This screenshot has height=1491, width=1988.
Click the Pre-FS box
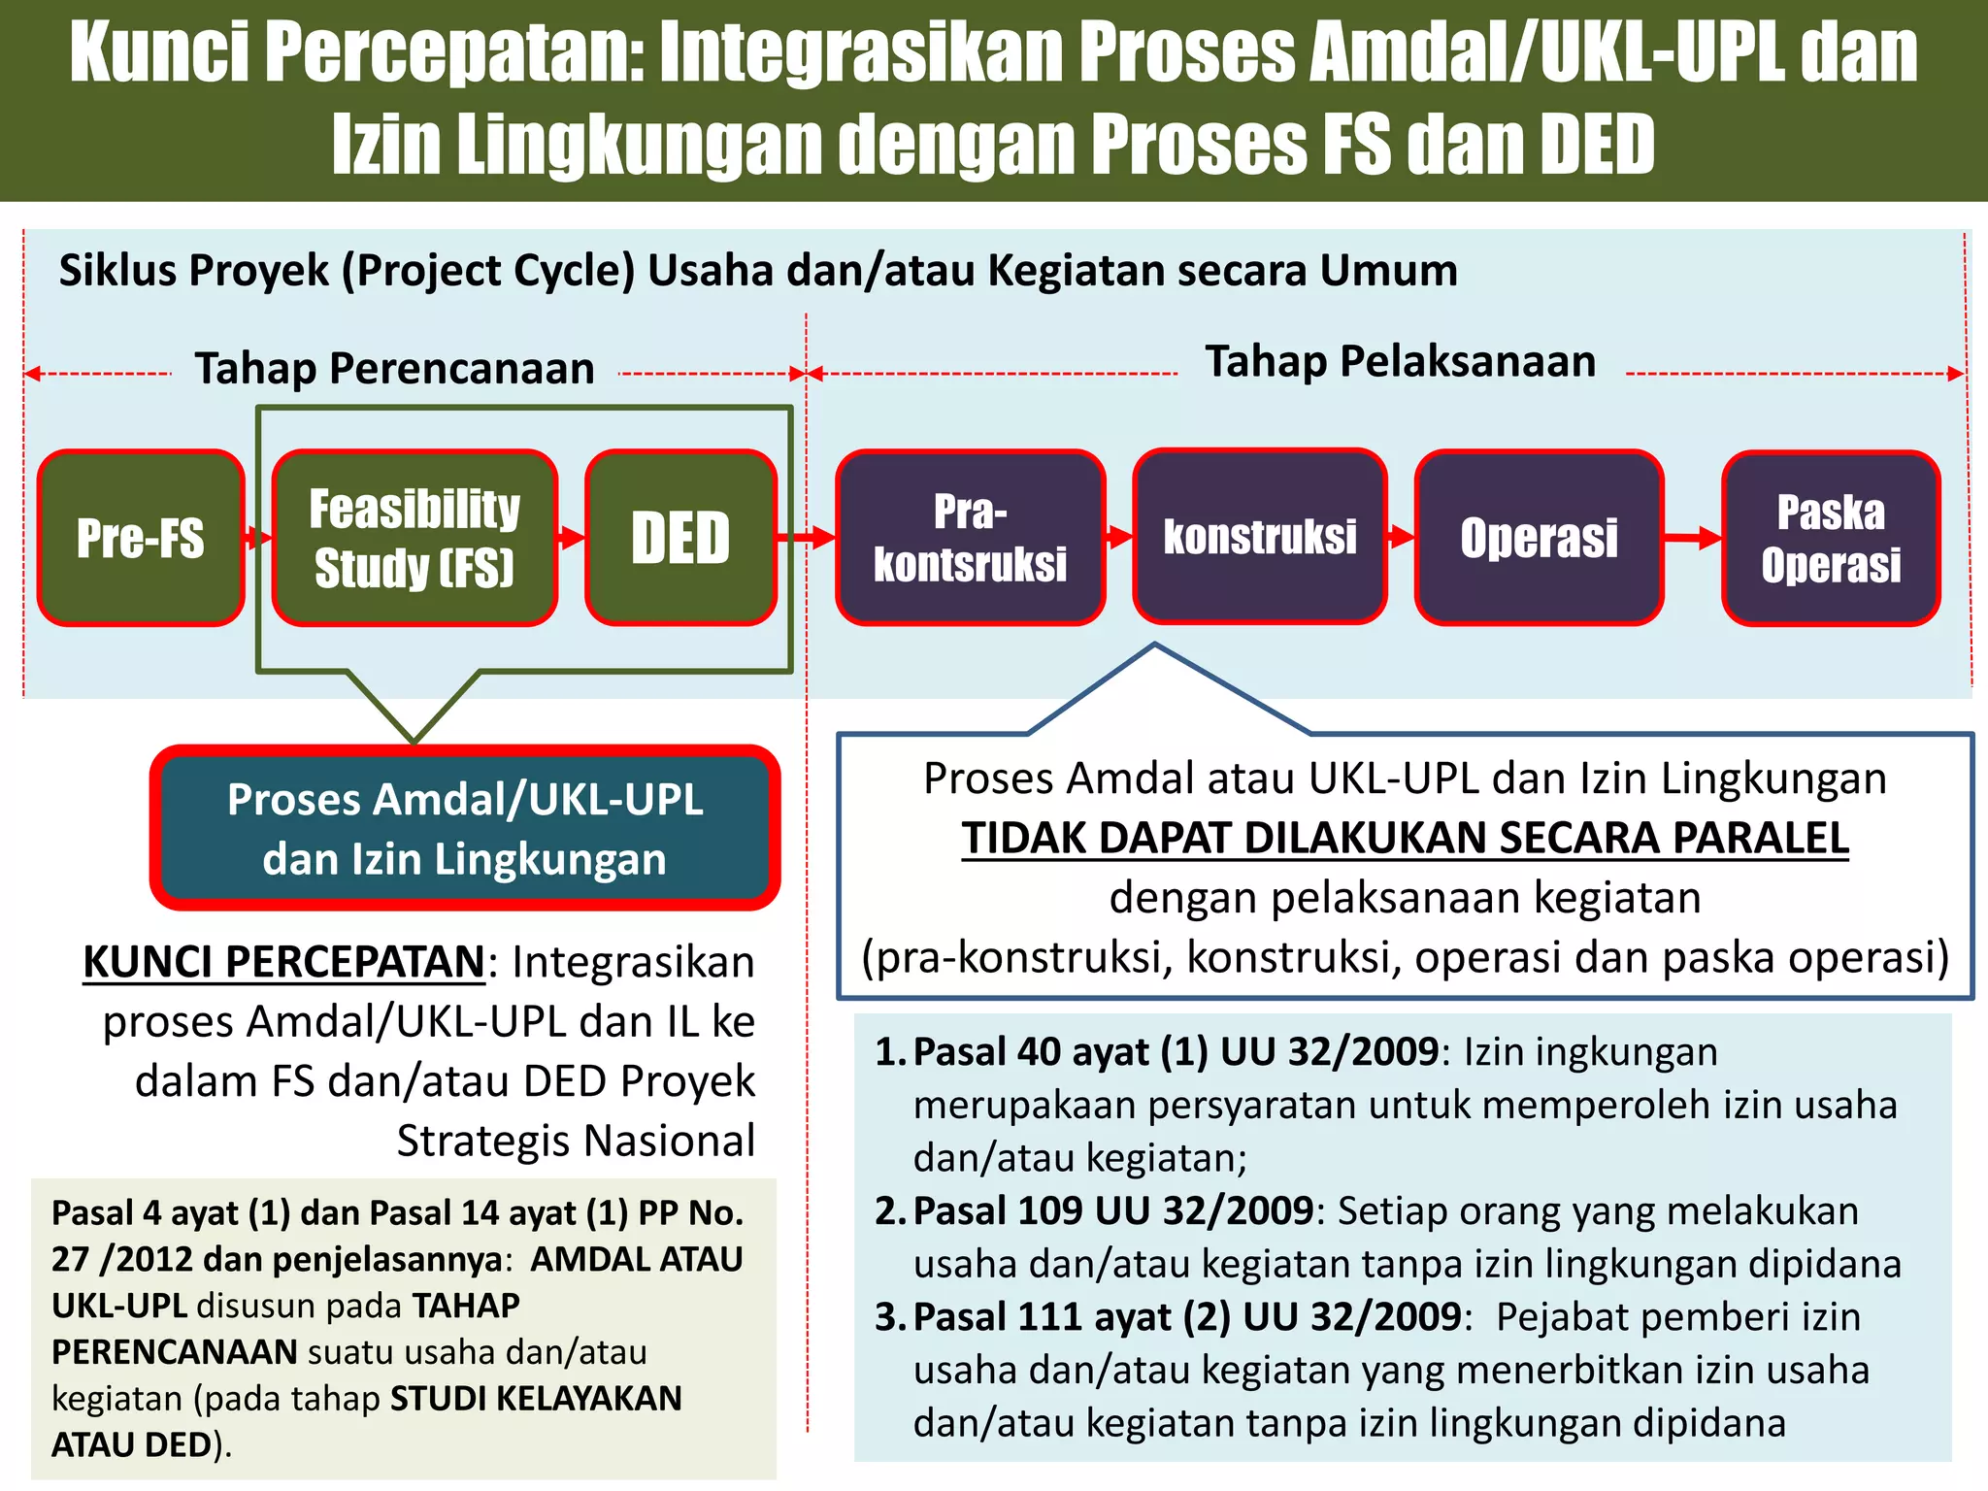(141, 538)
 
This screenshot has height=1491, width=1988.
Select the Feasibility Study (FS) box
(414, 538)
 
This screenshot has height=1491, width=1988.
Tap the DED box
(680, 538)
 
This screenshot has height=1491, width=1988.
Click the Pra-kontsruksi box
(970, 538)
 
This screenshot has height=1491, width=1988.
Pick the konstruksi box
(1259, 537)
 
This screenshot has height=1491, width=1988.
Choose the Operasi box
(1539, 538)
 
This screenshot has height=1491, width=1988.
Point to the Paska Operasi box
(1831, 539)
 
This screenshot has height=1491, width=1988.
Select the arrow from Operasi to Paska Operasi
(1693, 537)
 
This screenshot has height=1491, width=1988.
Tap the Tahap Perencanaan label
(394, 369)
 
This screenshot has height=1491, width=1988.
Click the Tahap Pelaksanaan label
(1400, 361)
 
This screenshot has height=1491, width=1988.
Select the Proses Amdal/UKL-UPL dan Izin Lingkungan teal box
(465, 828)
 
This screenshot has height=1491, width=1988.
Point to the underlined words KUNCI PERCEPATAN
(283, 962)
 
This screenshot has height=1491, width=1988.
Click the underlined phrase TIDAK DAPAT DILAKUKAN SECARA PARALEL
(1405, 838)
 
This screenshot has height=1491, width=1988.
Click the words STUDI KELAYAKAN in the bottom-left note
(536, 1399)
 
